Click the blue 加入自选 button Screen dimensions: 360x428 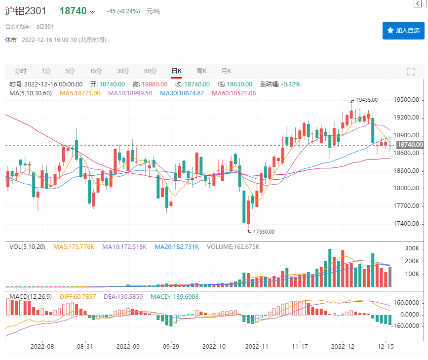403,31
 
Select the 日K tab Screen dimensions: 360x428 176,71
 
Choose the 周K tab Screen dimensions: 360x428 201,71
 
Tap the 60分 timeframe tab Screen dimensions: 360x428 150,71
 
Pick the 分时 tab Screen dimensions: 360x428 21,71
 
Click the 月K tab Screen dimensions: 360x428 226,71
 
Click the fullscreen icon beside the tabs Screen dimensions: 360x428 410,72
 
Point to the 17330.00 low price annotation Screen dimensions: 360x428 264,231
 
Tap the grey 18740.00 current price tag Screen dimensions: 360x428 410,145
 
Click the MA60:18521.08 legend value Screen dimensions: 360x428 233,93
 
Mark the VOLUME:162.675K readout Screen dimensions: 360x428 233,246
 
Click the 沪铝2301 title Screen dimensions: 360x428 28,11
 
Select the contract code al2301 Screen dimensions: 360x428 45,27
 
